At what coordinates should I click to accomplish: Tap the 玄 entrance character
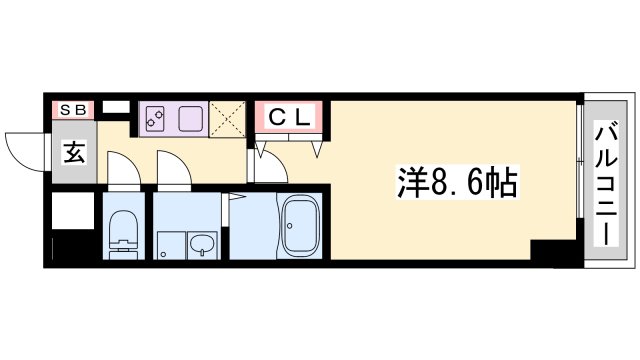74,154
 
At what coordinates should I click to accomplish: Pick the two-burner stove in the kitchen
155,119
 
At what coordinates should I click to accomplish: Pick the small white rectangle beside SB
116,106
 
